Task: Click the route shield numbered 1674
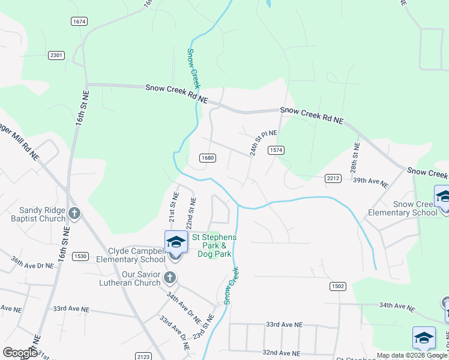79,22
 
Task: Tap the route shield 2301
56,55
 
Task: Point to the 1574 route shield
276,150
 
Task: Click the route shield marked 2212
333,178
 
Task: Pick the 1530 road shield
80,256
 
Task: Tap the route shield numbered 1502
337,287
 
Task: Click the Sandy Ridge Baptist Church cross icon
74,213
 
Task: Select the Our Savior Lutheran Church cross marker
170,277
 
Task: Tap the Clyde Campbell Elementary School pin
176,242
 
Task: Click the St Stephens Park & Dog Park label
214,246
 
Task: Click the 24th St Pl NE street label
264,143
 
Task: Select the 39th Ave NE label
370,182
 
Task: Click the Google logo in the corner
20,353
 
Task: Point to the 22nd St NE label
191,213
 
